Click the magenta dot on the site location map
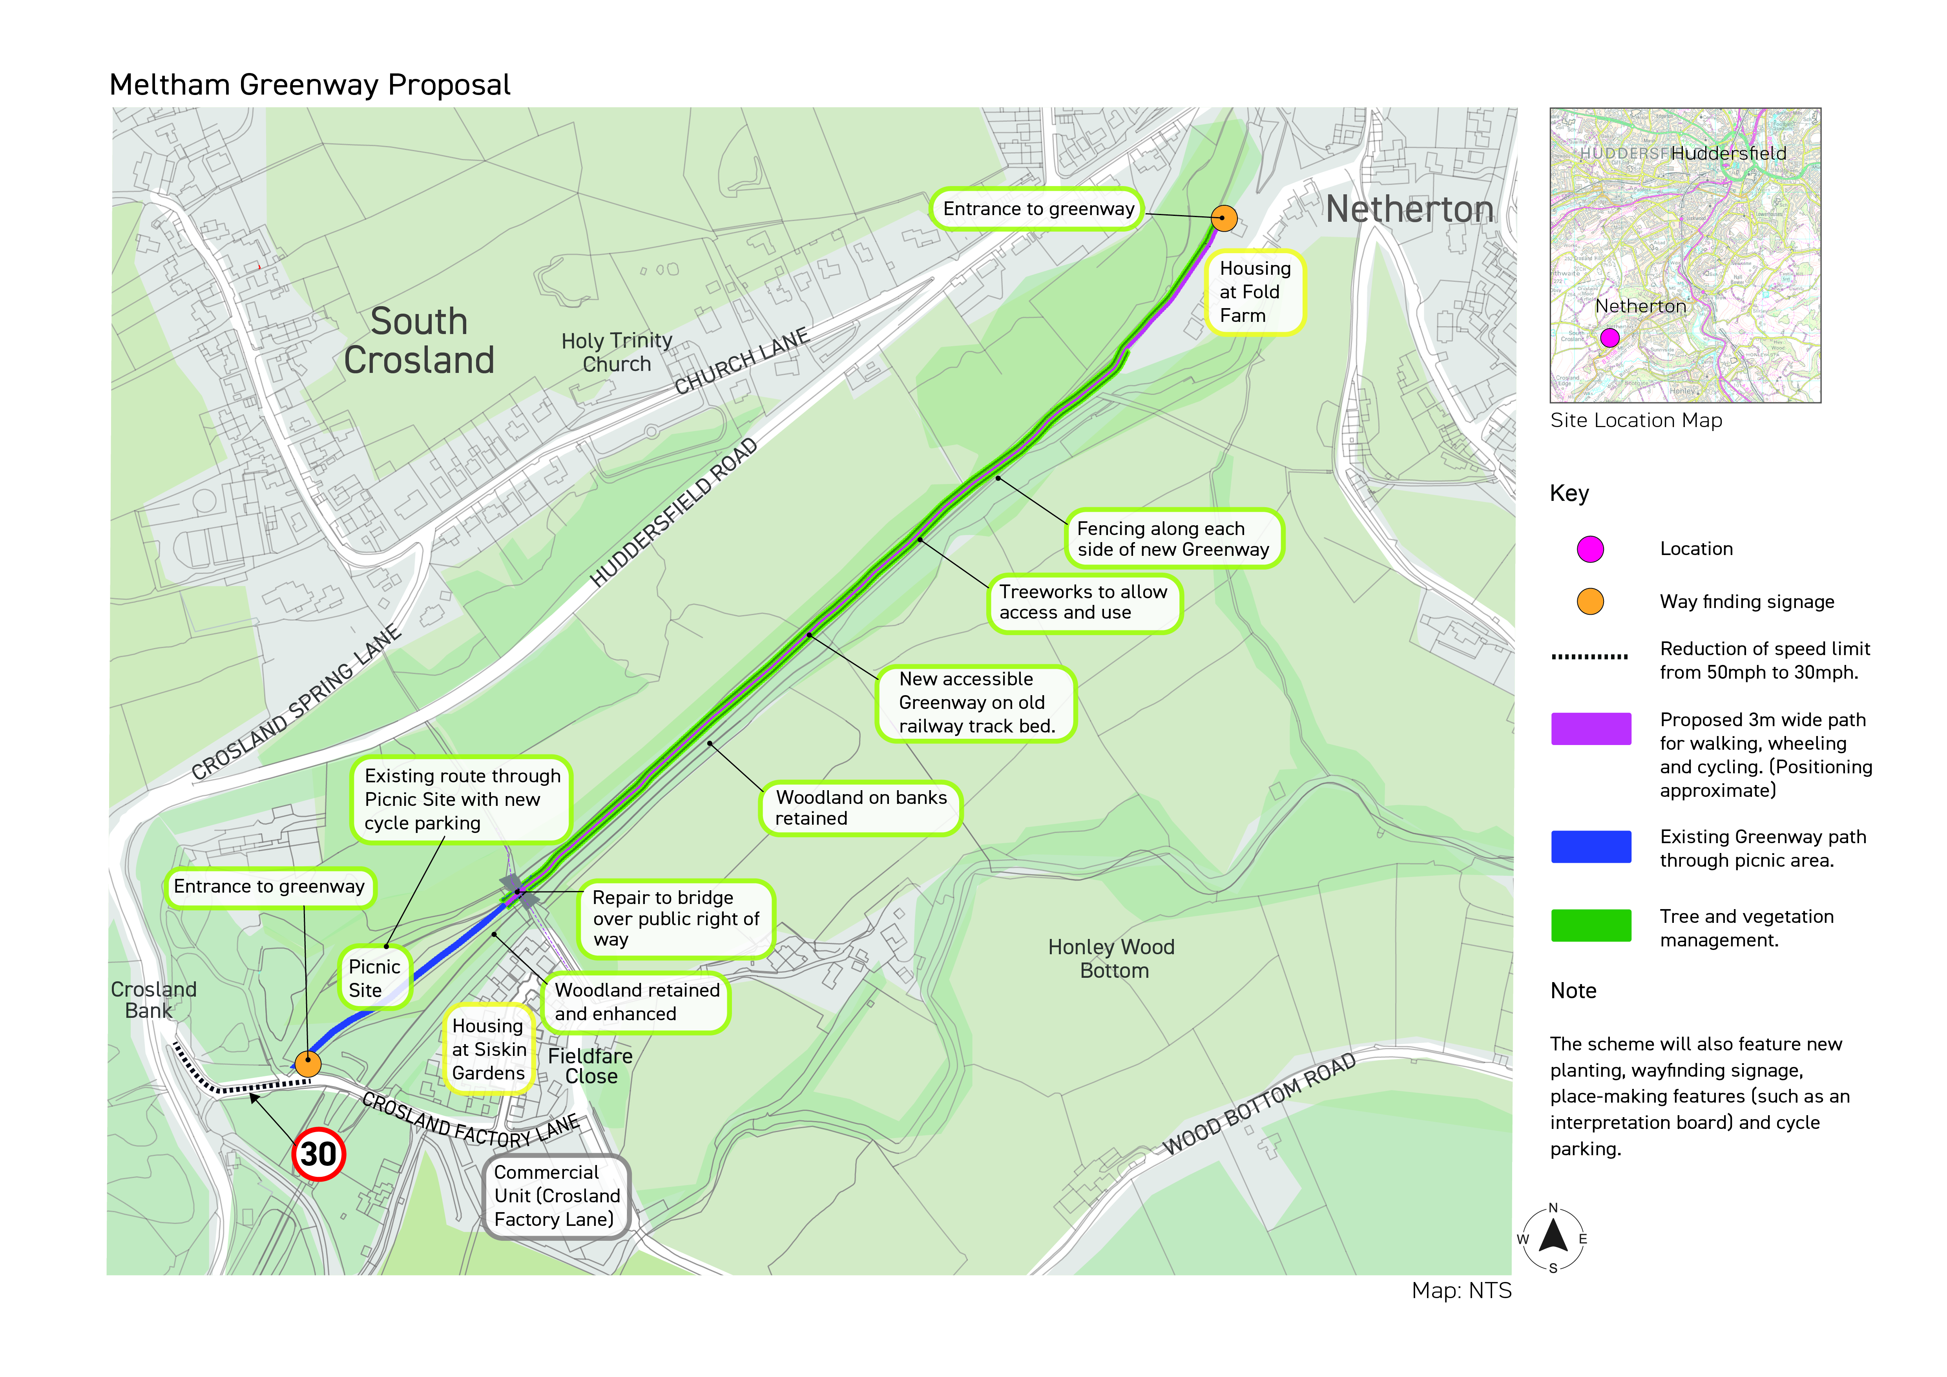tap(1609, 338)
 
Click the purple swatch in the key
tap(1591, 729)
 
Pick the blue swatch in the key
tap(1591, 847)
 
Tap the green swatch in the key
tap(1591, 926)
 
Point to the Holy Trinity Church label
tap(617, 352)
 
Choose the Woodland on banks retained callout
tap(861, 808)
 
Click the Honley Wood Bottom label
tap(1112, 959)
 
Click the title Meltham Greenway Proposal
tap(310, 85)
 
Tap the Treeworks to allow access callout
tap(1084, 603)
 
